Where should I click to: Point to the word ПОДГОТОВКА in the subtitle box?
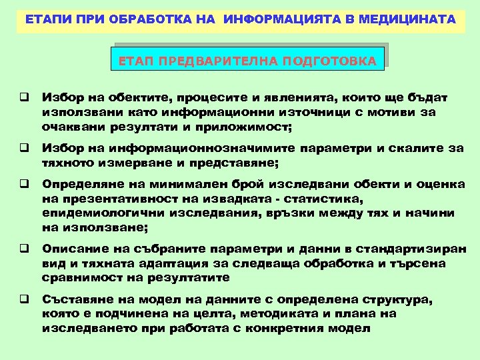329,62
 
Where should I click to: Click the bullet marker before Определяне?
22,183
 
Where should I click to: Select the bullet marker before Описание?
22,249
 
